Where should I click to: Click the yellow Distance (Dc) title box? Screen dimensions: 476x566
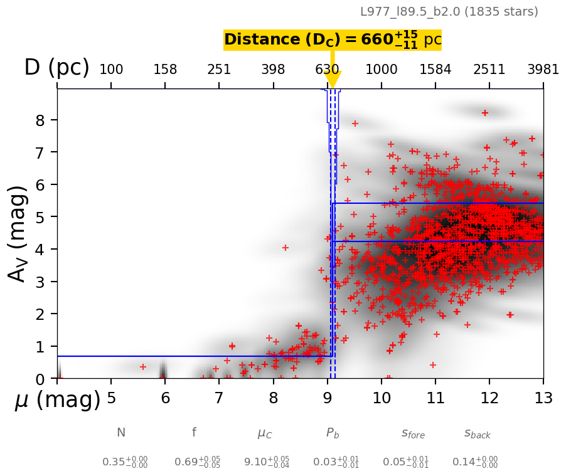click(x=333, y=40)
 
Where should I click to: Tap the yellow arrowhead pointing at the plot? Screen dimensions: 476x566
click(x=333, y=80)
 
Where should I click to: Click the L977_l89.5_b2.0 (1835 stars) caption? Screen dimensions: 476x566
click(x=449, y=11)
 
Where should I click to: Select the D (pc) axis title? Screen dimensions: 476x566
click(x=56, y=68)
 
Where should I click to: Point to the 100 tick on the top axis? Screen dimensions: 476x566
click(x=111, y=70)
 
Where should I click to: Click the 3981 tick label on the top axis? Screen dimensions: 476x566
click(x=543, y=70)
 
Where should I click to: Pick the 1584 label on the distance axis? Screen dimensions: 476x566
click(x=435, y=70)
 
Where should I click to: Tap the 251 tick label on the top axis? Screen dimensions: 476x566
click(x=219, y=70)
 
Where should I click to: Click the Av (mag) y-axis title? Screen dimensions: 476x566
click(x=19, y=233)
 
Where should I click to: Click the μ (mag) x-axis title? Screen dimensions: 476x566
click(x=58, y=399)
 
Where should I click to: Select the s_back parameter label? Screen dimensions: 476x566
click(x=477, y=433)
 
